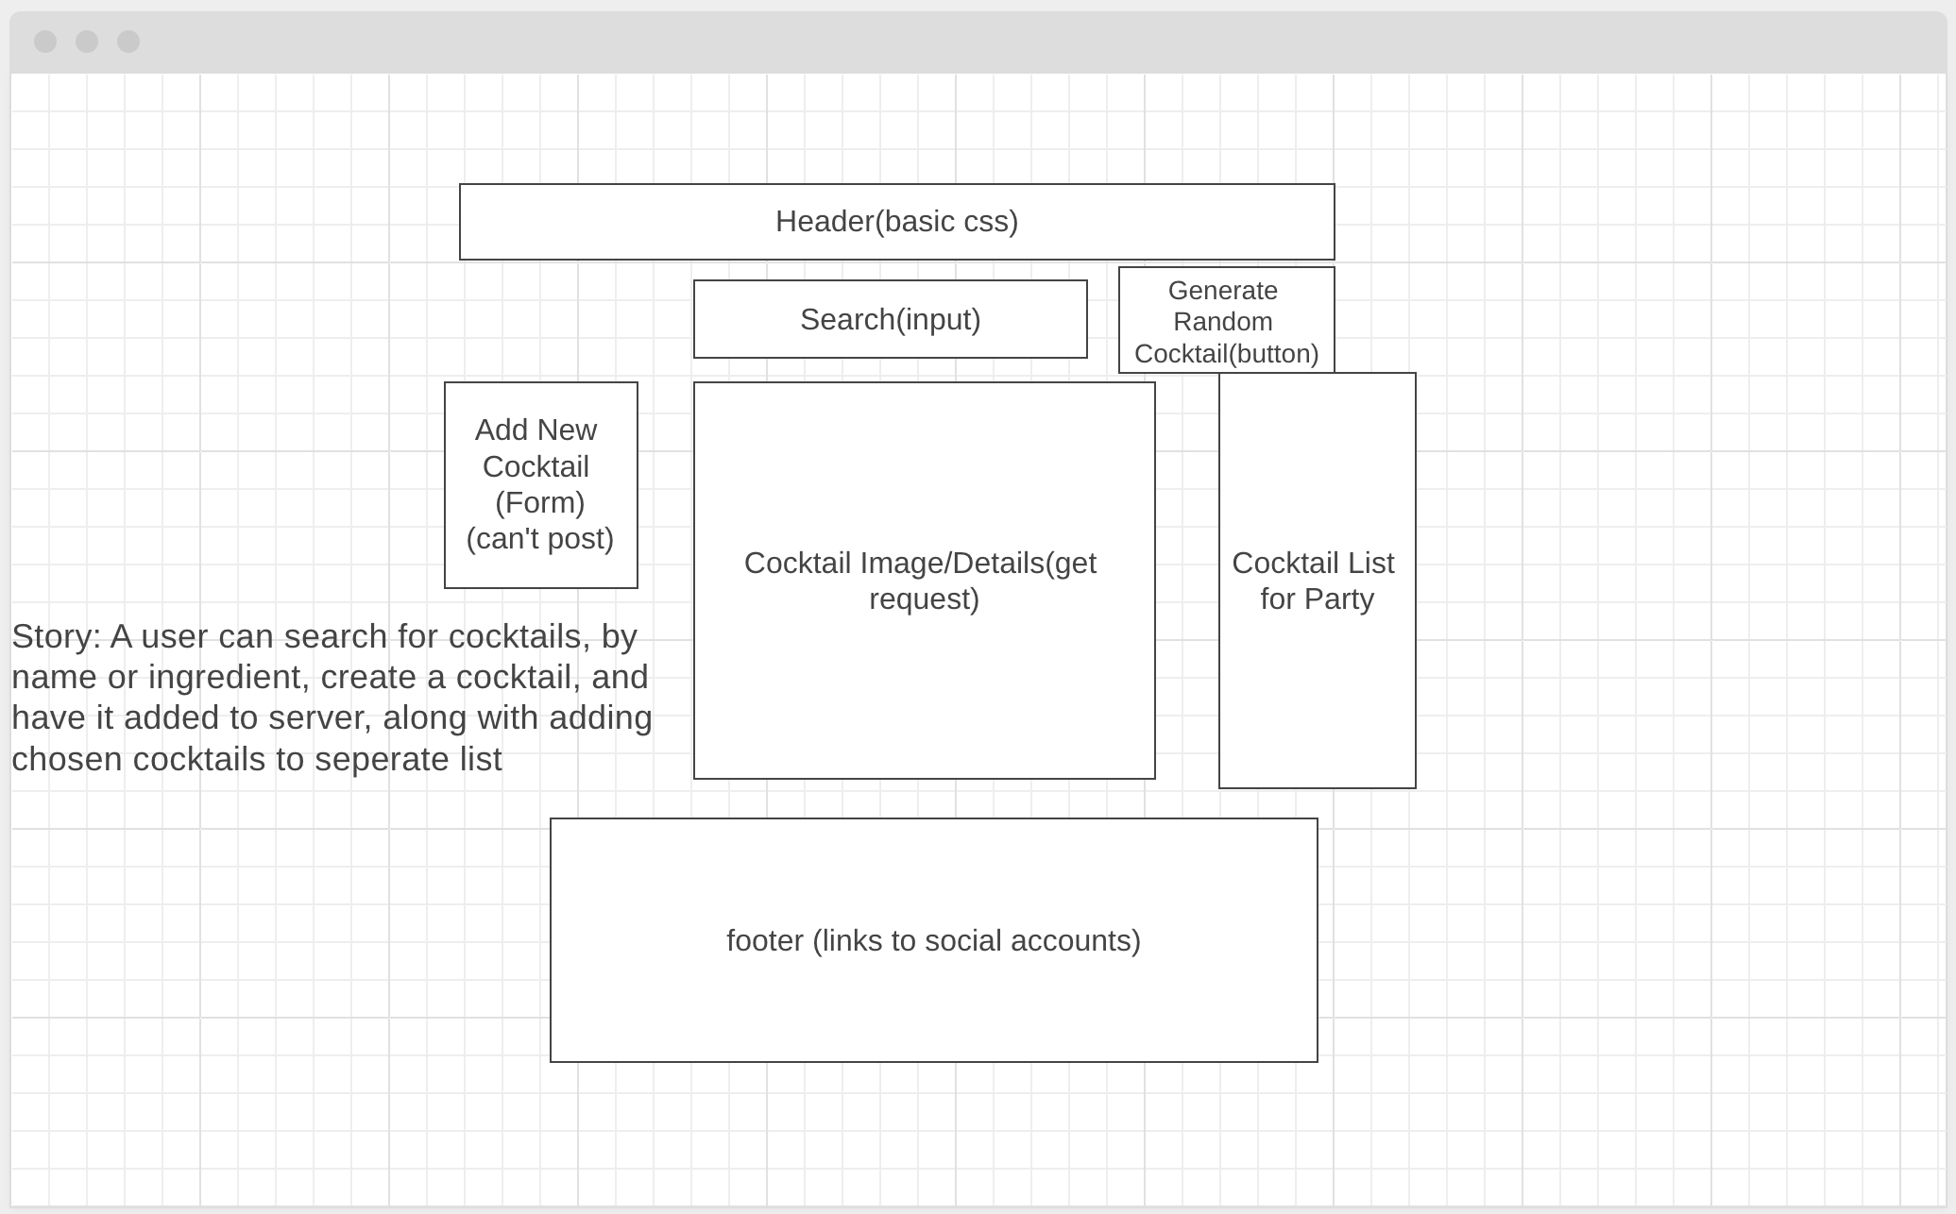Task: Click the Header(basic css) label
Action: pos(896,222)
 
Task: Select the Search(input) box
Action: pos(890,320)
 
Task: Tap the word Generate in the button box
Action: pos(1222,291)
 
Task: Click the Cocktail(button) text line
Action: pos(1226,354)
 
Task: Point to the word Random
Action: pos(1222,322)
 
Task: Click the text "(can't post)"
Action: pos(539,539)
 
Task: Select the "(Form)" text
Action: pos(539,503)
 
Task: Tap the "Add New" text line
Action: pos(536,430)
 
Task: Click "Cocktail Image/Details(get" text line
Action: pos(920,564)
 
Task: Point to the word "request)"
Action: pos(924,599)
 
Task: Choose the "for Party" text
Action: pos(1317,599)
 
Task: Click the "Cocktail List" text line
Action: pos(1313,564)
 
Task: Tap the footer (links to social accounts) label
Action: pos(933,941)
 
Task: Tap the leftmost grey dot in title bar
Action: pos(45,42)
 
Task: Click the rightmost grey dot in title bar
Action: pos(128,42)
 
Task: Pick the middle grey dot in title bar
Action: pos(87,42)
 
